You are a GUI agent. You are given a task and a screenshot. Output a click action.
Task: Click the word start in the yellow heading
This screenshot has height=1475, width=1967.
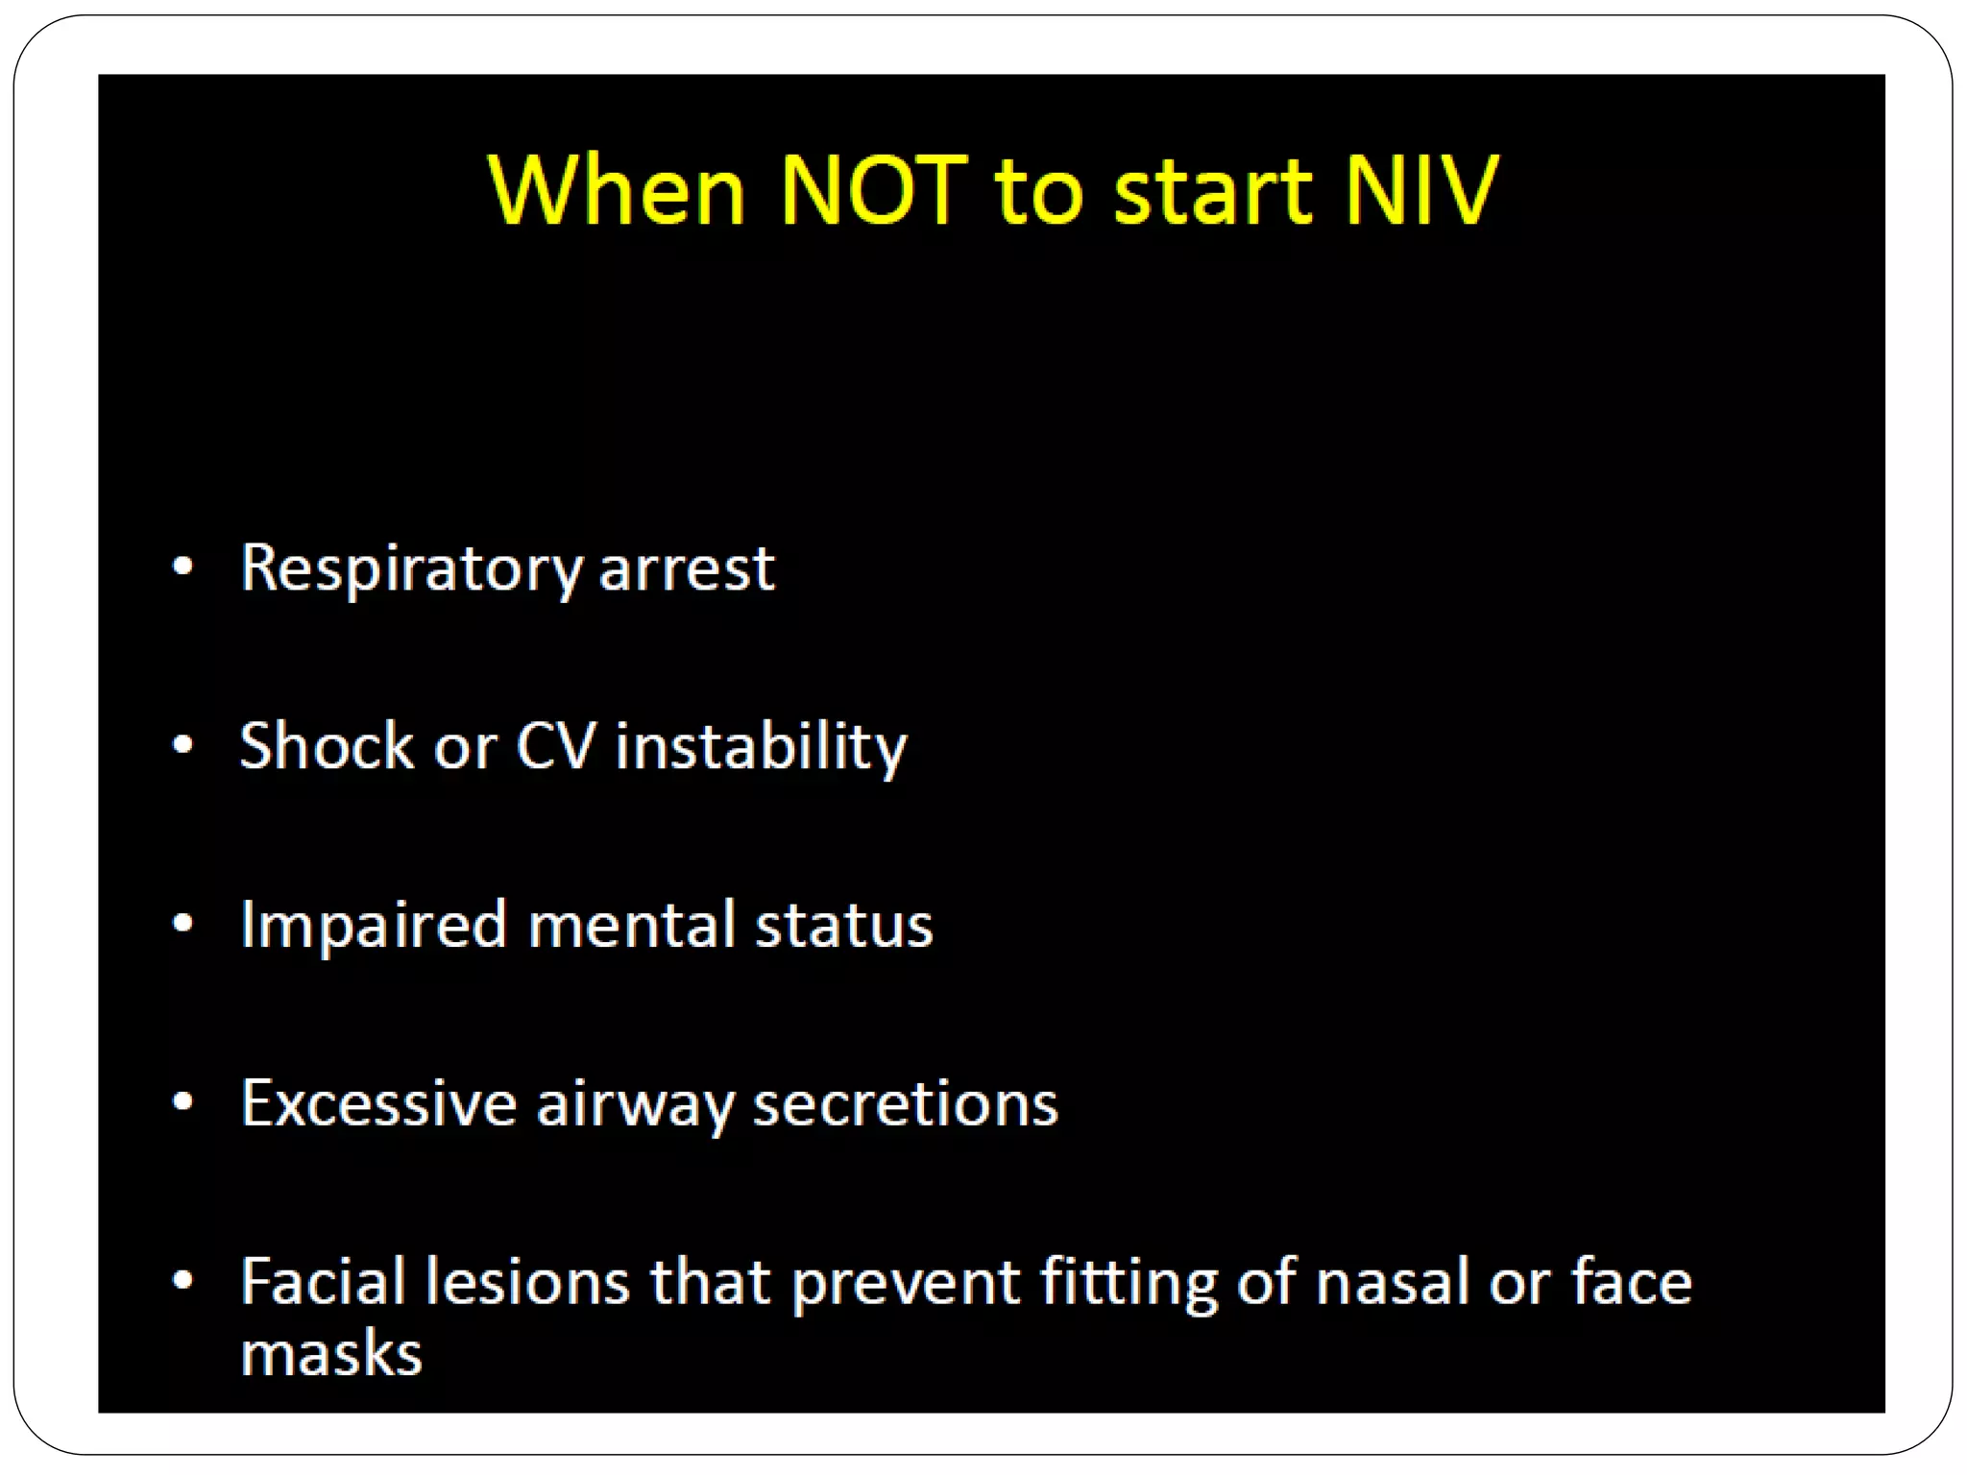[x=1212, y=192]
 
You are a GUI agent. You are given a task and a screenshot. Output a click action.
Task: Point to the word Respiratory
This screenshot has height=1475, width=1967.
[x=411, y=568]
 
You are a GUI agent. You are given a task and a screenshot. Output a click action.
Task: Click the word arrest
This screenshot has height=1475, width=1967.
[x=687, y=568]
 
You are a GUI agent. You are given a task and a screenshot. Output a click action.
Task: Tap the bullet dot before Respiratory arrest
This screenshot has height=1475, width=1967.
[x=182, y=567]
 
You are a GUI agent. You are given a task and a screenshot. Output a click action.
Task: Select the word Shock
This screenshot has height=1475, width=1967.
[x=327, y=745]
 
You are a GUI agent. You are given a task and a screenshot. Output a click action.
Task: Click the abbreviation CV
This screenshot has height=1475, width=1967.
[x=556, y=745]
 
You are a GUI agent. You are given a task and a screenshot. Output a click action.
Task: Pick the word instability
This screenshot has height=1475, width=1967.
[x=761, y=747]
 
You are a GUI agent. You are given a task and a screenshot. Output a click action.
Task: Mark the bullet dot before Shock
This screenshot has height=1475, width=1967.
[x=182, y=744]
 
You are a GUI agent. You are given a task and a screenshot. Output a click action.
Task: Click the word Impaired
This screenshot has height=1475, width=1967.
[x=374, y=926]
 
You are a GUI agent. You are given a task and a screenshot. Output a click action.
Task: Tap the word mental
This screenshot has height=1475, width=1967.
[x=631, y=925]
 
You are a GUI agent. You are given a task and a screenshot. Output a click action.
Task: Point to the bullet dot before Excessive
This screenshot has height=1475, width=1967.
[x=182, y=1101]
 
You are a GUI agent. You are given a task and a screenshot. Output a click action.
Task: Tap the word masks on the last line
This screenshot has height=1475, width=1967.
[x=331, y=1354]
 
